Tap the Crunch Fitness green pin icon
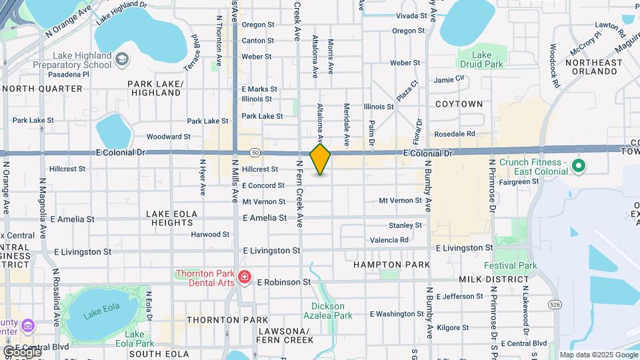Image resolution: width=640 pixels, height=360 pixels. click(578, 165)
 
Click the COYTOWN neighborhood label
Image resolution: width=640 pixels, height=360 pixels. click(459, 105)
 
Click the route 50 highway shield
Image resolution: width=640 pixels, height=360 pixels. click(255, 153)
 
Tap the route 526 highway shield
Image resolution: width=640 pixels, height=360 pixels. click(555, 304)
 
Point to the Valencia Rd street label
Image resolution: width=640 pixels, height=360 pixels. click(389, 240)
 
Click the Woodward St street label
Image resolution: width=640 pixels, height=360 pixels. click(168, 137)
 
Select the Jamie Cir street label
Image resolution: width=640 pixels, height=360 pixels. click(449, 79)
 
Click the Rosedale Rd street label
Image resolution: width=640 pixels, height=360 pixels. click(454, 134)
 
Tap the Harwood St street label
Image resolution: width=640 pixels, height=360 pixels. click(210, 235)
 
